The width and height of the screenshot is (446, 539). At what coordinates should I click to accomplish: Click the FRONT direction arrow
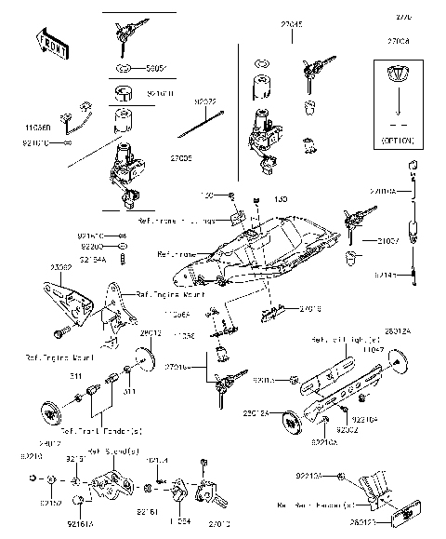pyautogui.click(x=49, y=43)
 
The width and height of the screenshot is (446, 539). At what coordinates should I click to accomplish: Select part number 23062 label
pyautogui.click(x=61, y=266)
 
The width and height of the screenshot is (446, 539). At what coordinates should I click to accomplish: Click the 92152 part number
pyautogui.click(x=51, y=504)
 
